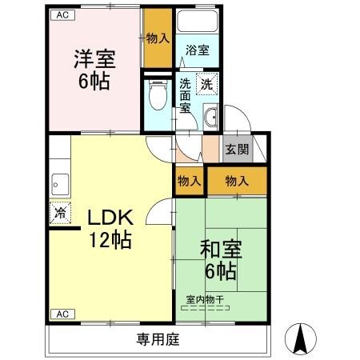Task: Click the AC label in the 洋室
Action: coord(62,15)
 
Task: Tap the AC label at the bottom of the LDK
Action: coord(62,313)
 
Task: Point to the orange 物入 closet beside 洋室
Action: coord(157,38)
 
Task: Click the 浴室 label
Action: coord(197,50)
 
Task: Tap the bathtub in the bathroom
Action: coord(197,23)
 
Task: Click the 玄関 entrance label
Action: coord(236,149)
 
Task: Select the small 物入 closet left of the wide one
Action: coord(189,182)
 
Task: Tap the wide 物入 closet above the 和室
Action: coord(238,182)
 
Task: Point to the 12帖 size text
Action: coord(110,238)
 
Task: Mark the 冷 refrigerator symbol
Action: coord(59,213)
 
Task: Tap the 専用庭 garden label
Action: coord(156,338)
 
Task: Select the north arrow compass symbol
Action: coord(302,339)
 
